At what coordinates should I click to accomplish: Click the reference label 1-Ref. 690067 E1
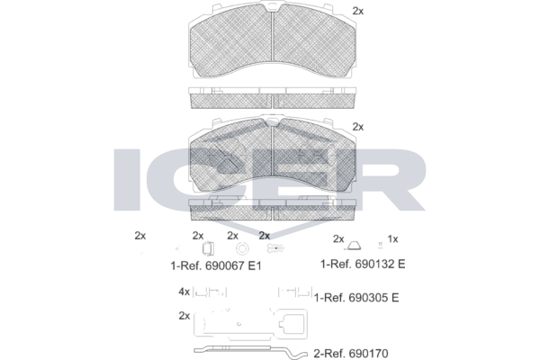click(216, 265)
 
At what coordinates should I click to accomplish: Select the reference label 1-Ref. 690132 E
click(363, 264)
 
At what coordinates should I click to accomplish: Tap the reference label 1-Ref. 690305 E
click(356, 297)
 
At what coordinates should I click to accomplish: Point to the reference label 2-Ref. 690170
click(351, 354)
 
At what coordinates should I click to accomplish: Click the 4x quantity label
click(184, 292)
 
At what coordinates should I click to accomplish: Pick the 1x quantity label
click(392, 238)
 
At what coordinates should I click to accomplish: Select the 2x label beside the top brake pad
click(358, 11)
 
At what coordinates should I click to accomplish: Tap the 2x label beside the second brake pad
click(358, 127)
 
